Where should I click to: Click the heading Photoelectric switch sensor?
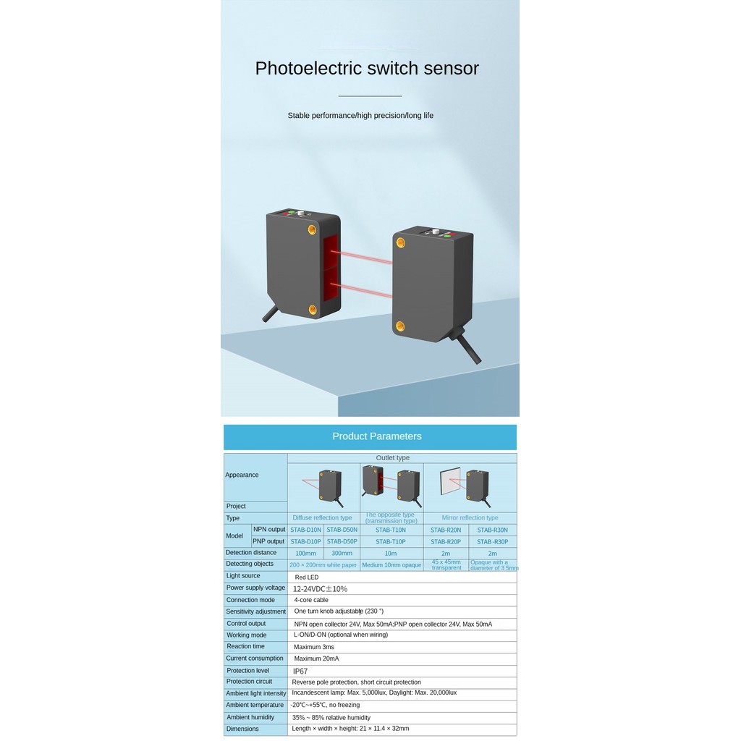pos(367,69)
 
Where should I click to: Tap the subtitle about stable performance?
pos(360,116)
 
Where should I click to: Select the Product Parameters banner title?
pos(376,436)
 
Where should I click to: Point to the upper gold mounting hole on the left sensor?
pos(313,230)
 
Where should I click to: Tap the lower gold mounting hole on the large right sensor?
pos(400,326)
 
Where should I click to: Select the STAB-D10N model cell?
pos(305,530)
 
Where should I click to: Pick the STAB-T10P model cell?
pos(391,541)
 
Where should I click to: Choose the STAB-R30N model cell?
pos(492,530)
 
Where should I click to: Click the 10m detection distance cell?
pos(391,554)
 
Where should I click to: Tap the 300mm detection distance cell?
pos(342,554)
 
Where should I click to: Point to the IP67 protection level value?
pos(300,672)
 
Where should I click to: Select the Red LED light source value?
pos(306,577)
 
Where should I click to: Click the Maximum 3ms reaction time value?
pos(314,647)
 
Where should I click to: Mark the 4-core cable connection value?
pos(311,600)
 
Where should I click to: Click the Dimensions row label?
pos(242,729)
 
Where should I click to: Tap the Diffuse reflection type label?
pos(323,518)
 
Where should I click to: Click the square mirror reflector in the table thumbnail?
pos(451,481)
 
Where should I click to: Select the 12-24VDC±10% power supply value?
pos(321,589)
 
